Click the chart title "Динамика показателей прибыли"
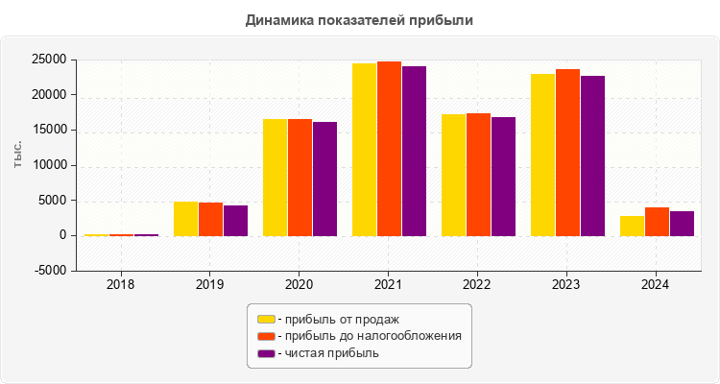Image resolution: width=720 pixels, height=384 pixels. click(359, 19)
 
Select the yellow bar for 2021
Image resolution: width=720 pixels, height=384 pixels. click(364, 149)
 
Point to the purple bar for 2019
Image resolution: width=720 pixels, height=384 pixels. click(235, 220)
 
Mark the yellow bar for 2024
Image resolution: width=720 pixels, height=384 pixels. click(632, 226)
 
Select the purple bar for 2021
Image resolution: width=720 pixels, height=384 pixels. click(414, 151)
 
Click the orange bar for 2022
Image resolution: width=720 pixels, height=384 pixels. click(478, 174)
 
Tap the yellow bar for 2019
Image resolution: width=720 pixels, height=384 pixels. click(185, 218)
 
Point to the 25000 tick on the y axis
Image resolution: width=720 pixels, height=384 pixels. click(48, 60)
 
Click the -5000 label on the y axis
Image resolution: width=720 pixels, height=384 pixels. click(49, 271)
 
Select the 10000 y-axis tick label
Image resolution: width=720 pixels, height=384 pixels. click(48, 165)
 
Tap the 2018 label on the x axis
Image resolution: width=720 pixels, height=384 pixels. click(120, 285)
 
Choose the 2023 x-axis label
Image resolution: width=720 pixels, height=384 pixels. click(566, 285)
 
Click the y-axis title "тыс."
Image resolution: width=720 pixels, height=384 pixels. click(18, 156)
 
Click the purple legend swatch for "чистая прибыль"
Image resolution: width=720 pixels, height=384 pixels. click(266, 353)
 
